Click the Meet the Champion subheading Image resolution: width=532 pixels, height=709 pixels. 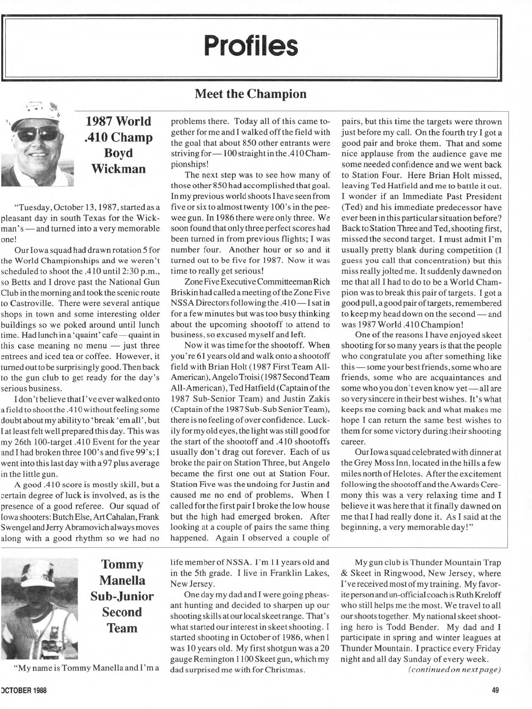(x=250, y=94)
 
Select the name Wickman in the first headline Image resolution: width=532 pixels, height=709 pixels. (x=118, y=169)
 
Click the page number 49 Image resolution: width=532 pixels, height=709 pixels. (x=496, y=690)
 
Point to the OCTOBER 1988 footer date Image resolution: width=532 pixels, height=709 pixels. (x=24, y=690)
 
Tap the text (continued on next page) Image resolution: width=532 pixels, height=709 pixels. (x=454, y=670)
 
